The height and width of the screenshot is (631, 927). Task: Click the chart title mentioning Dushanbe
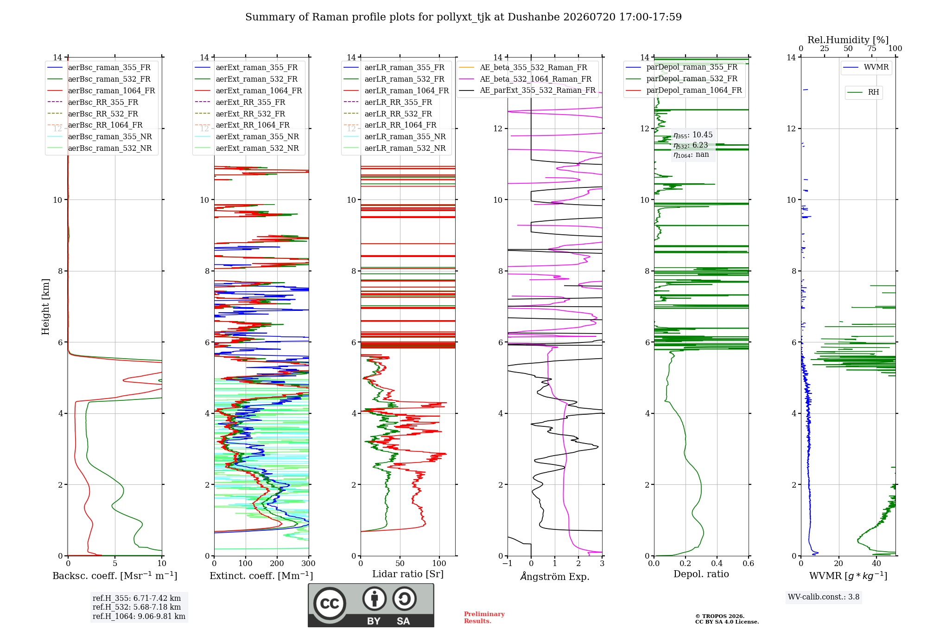(x=463, y=17)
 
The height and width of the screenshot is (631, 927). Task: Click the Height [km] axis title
(x=45, y=307)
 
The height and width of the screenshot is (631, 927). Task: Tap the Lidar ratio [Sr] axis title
(x=408, y=574)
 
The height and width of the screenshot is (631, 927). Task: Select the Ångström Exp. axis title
(x=555, y=576)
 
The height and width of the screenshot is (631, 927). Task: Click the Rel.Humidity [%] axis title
(x=848, y=40)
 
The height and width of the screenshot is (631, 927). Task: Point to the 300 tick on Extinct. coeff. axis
(x=309, y=564)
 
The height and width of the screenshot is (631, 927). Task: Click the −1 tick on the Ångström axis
(x=508, y=564)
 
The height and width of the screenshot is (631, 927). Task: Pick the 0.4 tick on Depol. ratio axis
(x=717, y=564)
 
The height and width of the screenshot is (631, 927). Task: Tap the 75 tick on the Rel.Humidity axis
(x=872, y=49)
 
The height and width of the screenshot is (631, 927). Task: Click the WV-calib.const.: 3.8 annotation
(x=824, y=597)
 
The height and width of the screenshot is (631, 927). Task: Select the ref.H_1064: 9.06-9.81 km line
(x=139, y=617)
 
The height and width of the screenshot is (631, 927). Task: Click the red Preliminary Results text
(x=484, y=618)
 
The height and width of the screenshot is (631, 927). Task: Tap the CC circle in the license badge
(x=330, y=604)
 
